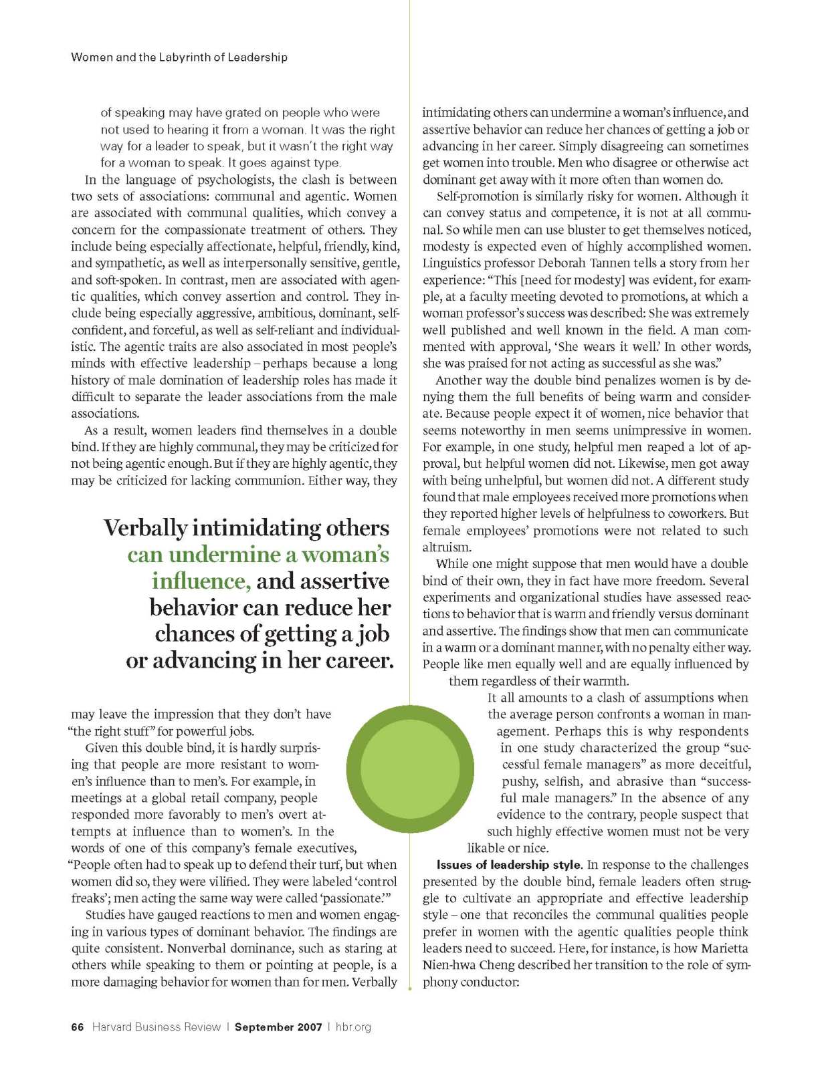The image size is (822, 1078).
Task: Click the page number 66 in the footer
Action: tap(77, 1027)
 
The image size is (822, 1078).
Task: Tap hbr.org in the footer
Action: tap(352, 1027)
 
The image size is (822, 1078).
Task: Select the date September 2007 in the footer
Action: tap(278, 1027)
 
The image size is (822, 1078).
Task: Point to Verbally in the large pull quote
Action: tap(145, 528)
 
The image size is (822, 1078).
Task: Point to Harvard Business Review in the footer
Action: tap(156, 1027)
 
